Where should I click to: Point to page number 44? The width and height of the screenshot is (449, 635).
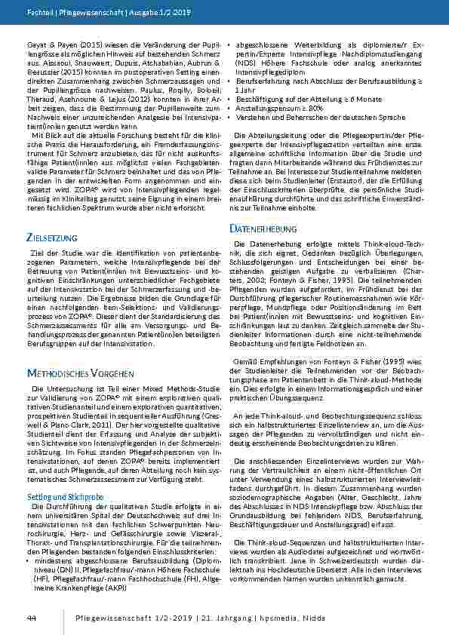tap(32, 618)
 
